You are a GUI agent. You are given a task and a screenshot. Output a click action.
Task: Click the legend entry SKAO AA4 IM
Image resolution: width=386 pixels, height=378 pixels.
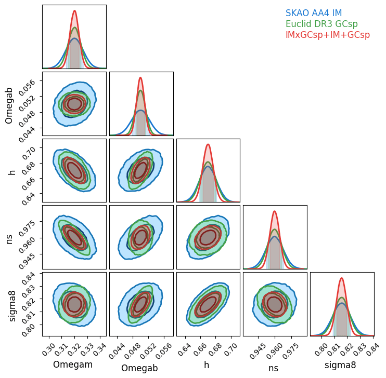313,14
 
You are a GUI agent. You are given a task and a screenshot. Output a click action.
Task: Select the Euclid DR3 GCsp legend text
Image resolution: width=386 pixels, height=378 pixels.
321,24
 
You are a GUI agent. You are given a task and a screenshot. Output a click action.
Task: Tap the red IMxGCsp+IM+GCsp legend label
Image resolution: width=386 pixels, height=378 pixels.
327,35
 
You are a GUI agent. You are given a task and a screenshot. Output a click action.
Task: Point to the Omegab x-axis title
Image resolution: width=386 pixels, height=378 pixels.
141,368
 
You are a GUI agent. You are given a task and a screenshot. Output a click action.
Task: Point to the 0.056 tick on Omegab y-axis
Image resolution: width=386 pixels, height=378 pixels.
30,83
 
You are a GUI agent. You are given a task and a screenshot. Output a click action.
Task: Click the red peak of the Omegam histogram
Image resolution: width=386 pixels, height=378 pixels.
75,11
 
